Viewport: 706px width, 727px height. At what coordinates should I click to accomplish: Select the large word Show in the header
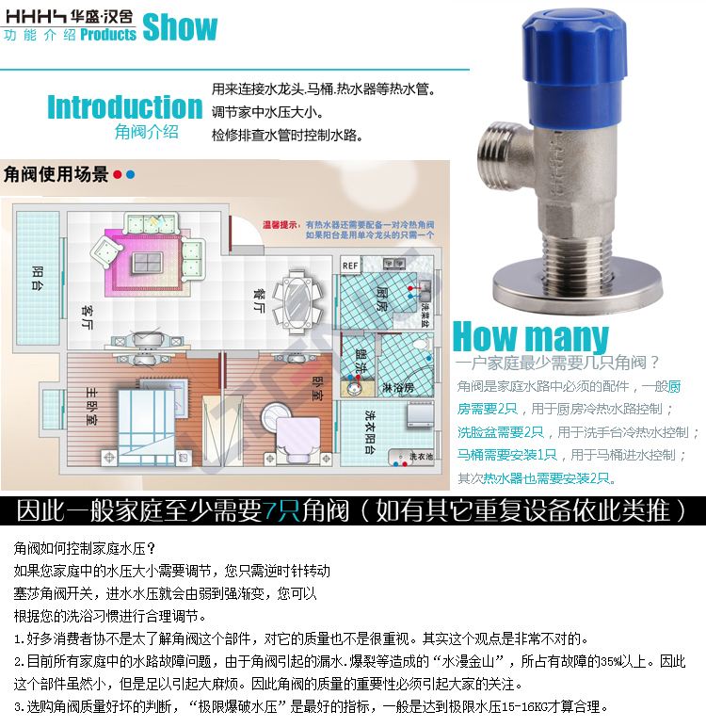(180, 27)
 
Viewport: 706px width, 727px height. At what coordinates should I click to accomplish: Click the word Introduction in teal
(124, 106)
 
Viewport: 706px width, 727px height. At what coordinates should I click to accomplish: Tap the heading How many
(531, 336)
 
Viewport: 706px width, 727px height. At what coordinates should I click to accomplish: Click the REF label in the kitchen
(349, 265)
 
